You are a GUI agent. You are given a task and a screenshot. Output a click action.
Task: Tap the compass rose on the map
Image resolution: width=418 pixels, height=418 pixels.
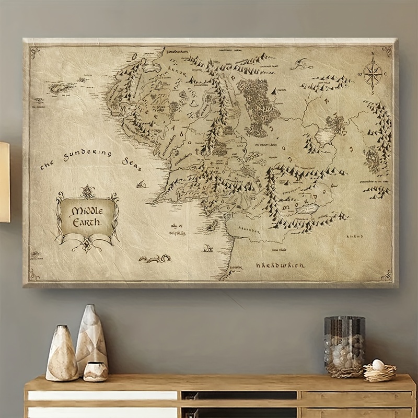373,73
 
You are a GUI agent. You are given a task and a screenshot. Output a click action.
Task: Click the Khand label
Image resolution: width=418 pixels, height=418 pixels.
354,236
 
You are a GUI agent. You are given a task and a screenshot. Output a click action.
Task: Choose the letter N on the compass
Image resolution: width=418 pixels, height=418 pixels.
373,54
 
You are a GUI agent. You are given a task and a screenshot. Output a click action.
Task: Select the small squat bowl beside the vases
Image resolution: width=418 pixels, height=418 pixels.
96,371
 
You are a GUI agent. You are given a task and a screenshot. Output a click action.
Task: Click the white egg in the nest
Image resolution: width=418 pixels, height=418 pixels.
377,364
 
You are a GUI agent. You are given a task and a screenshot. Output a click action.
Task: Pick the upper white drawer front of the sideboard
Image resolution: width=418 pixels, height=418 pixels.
103,396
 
